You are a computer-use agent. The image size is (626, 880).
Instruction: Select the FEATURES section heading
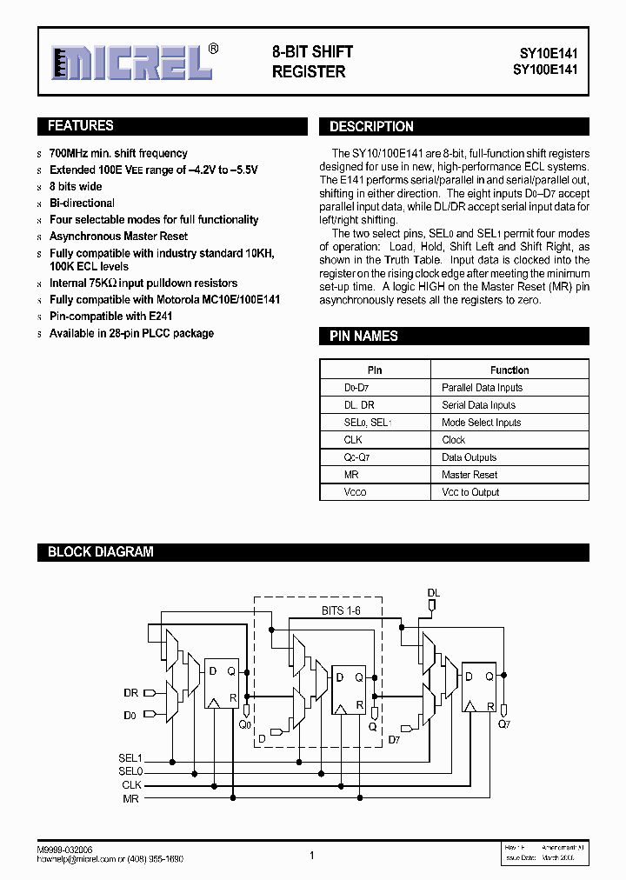click(80, 126)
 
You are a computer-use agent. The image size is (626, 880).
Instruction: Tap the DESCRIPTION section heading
click(371, 127)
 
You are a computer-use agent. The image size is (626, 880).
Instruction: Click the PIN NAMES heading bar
click(363, 337)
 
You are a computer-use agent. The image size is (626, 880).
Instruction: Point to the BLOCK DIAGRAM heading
click(100, 551)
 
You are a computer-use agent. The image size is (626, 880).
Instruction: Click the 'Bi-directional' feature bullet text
click(82, 203)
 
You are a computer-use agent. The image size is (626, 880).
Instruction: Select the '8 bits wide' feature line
click(76, 187)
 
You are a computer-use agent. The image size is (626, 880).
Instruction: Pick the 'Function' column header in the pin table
click(509, 370)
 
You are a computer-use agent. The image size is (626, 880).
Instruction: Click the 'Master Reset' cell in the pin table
click(469, 475)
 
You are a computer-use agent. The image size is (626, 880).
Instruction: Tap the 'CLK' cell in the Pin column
click(353, 440)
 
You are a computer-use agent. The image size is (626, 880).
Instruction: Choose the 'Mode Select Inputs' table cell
click(482, 423)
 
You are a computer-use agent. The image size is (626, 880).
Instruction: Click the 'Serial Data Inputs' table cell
click(478, 405)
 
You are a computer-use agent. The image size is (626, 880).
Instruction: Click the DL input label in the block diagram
click(434, 592)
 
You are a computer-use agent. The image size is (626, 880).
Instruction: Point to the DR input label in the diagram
click(130, 693)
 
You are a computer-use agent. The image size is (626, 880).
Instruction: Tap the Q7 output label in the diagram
click(504, 723)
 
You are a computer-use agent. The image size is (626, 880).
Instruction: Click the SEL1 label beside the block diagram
click(130, 758)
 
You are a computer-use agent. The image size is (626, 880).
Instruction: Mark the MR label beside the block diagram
click(131, 798)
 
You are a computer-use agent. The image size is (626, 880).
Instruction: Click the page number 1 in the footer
click(311, 856)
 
